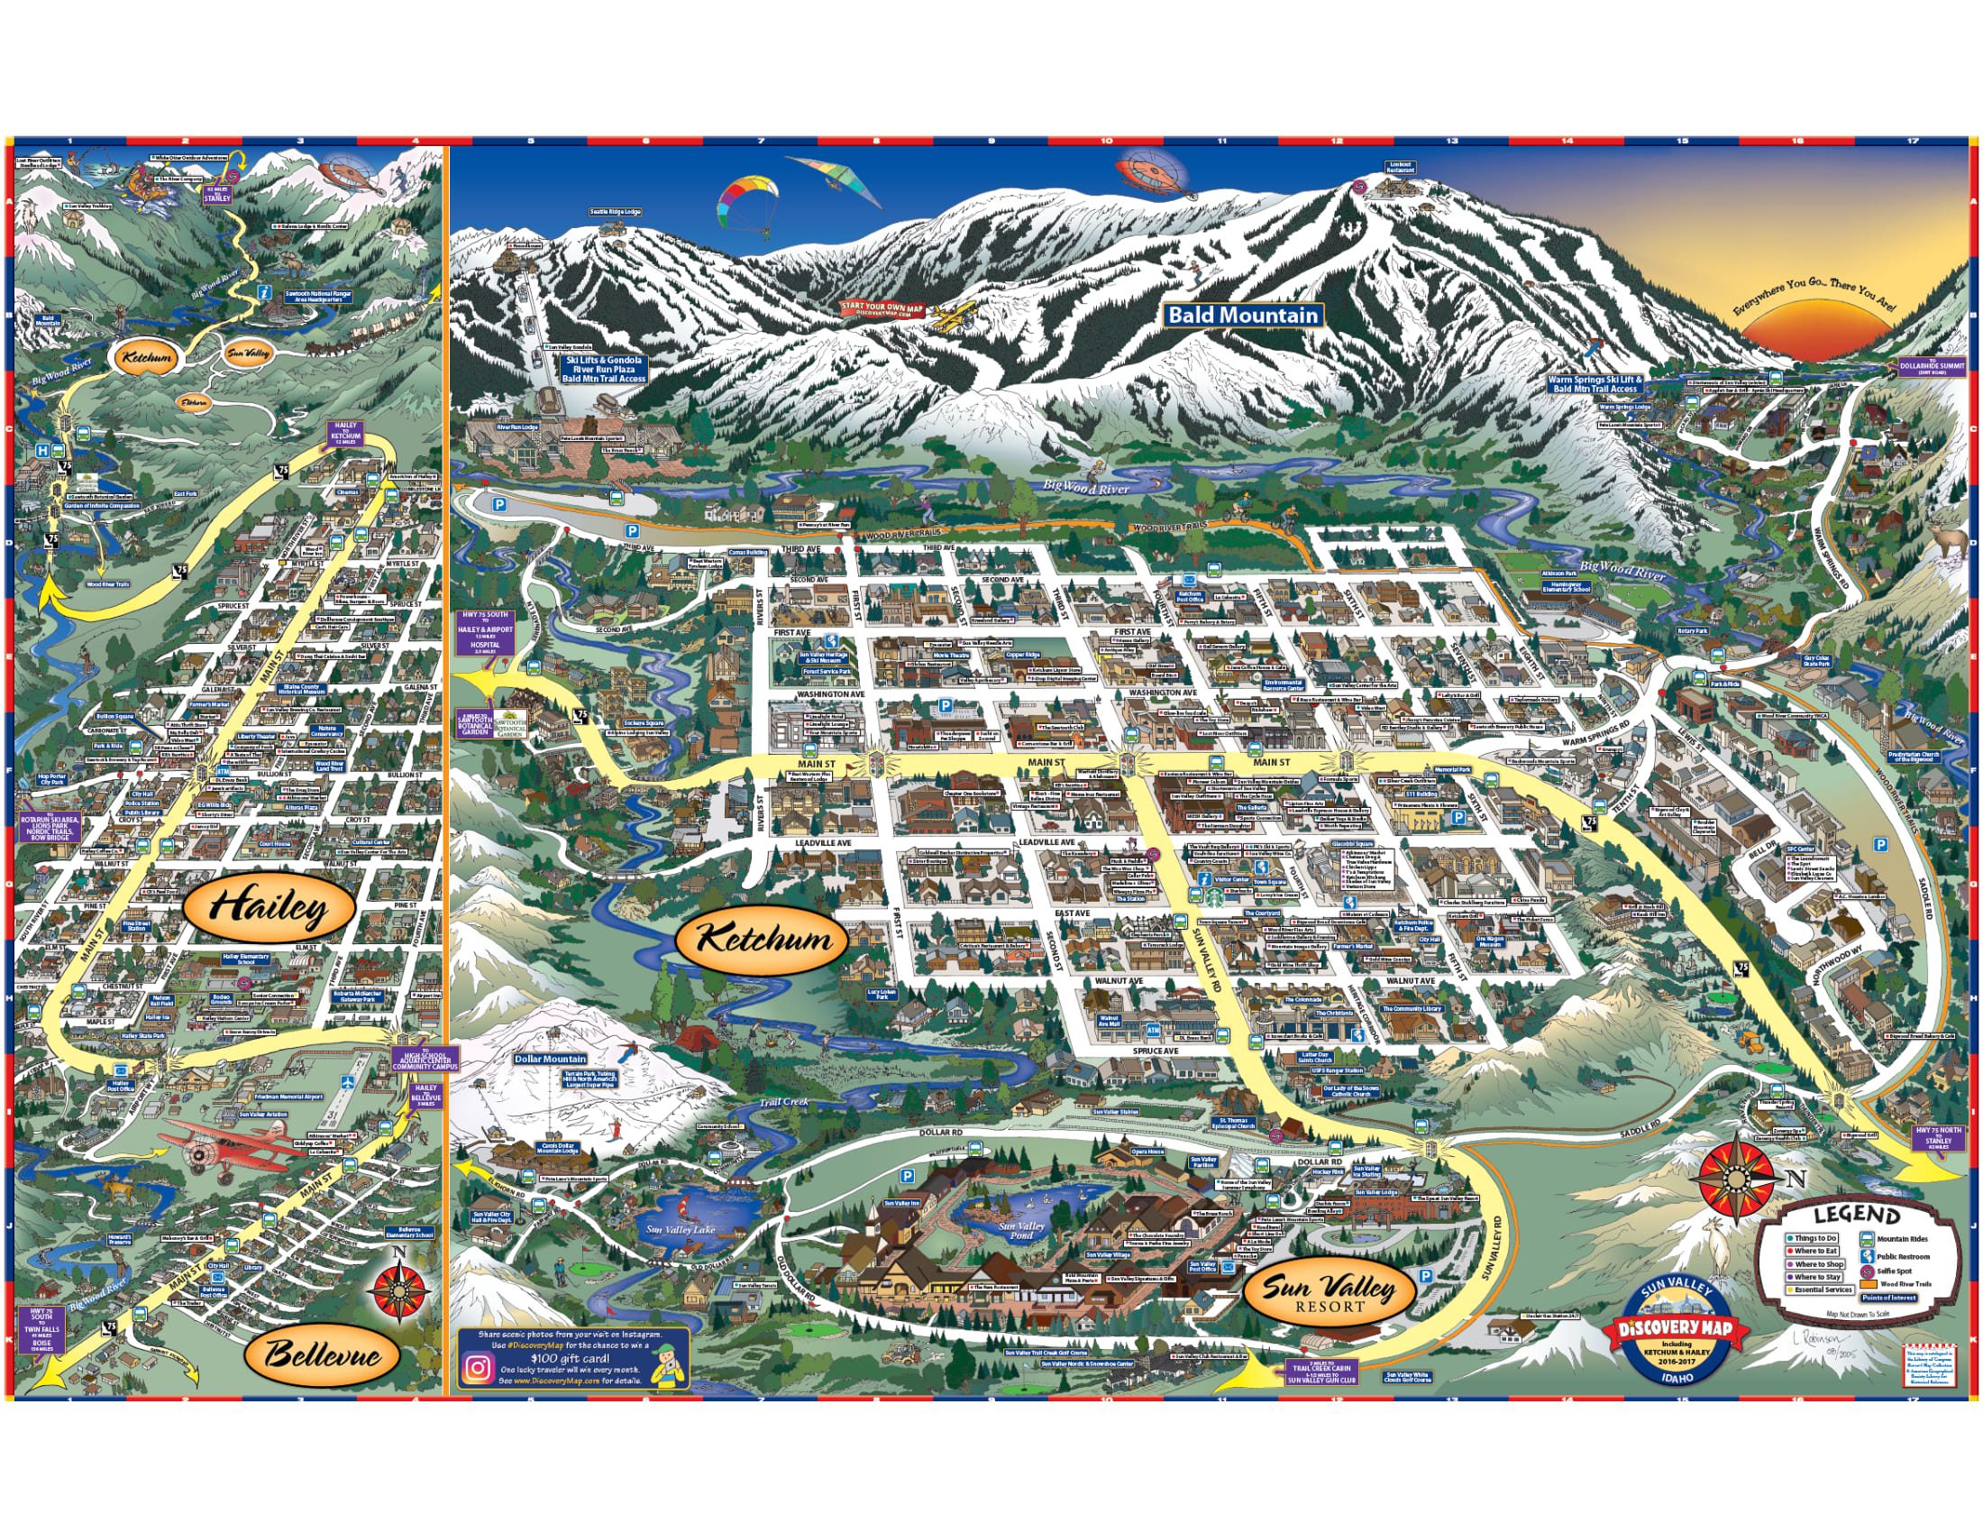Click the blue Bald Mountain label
pos(1242,315)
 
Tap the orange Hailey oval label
pos(269,907)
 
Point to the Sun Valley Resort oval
pos(1330,1292)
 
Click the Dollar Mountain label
pos(550,1059)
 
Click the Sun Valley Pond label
pos(1021,1229)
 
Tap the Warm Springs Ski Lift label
pos(1595,383)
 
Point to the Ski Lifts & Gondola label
pos(603,368)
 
